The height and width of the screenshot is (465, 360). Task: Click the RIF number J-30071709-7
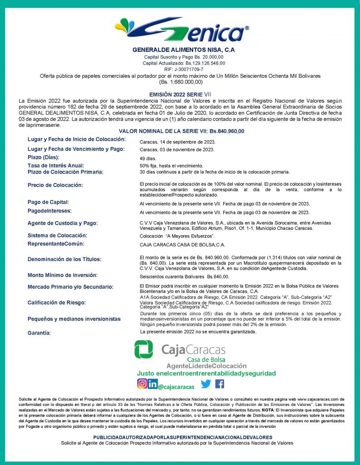coord(180,69)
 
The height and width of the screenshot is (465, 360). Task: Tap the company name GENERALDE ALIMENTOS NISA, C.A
coord(180,49)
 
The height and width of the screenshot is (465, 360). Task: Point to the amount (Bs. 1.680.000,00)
coord(180,82)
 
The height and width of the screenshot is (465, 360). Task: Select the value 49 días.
coord(148,158)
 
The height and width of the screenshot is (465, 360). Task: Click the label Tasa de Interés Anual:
coord(56,166)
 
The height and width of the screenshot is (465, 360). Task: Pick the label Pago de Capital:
coord(48,202)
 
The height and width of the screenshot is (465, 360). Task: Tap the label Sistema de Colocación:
coord(57,236)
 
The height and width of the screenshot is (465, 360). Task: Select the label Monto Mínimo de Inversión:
coord(63,275)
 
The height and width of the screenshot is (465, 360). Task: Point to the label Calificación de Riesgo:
coord(57,302)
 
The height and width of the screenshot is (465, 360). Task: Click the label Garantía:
coord(39,333)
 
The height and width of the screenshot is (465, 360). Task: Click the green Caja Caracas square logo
coord(144,350)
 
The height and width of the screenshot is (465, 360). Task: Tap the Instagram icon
coord(142,384)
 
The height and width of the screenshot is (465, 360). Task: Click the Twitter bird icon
coord(206,384)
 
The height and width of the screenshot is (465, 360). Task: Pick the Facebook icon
coord(220,384)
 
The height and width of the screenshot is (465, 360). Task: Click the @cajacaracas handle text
coord(176,387)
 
